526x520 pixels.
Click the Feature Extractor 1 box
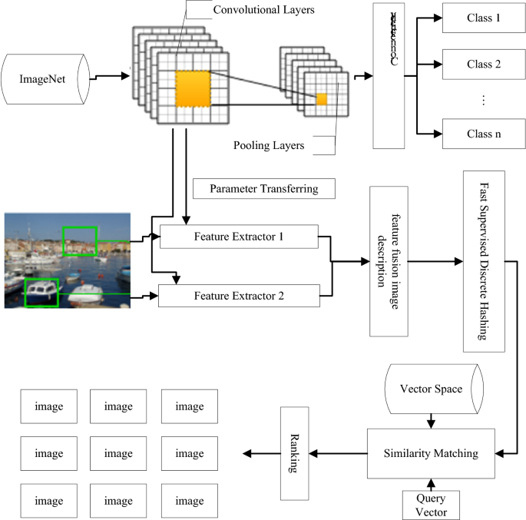tap(239, 236)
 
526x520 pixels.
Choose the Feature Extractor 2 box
tap(239, 295)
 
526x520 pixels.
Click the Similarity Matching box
tap(429, 453)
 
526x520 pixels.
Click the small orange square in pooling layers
tap(322, 99)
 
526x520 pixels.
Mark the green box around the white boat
tap(42, 293)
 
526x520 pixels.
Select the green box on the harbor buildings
tap(80, 240)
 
